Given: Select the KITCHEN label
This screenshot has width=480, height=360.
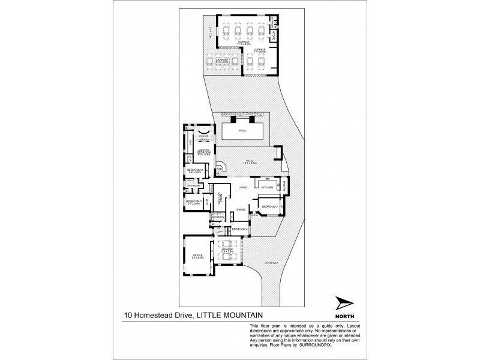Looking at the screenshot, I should pos(267,188).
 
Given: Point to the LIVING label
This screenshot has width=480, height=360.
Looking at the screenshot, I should pos(243,188).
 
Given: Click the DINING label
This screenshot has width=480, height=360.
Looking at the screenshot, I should pos(240,209).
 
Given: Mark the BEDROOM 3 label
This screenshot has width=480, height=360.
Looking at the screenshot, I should pos(193,202).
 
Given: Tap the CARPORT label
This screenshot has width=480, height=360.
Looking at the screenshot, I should pos(223,60).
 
